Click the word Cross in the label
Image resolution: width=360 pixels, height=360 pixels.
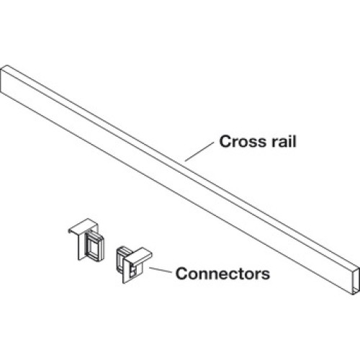(243, 141)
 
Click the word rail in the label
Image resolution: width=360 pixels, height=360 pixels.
(284, 141)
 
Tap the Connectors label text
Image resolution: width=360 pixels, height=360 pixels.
(222, 274)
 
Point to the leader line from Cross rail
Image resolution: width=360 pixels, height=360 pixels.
(199, 152)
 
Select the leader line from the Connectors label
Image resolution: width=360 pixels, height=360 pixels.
(161, 270)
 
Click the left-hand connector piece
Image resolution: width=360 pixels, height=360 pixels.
(86, 240)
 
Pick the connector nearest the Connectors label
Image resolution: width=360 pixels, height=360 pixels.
(133, 264)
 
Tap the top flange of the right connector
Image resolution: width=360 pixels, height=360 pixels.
(138, 256)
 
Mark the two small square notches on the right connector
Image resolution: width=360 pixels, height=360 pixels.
(132, 269)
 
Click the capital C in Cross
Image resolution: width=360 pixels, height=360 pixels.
(225, 141)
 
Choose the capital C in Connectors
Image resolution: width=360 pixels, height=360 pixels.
(181, 274)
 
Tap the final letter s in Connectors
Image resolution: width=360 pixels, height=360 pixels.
(265, 275)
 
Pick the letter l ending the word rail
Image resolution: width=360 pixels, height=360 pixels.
(295, 141)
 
